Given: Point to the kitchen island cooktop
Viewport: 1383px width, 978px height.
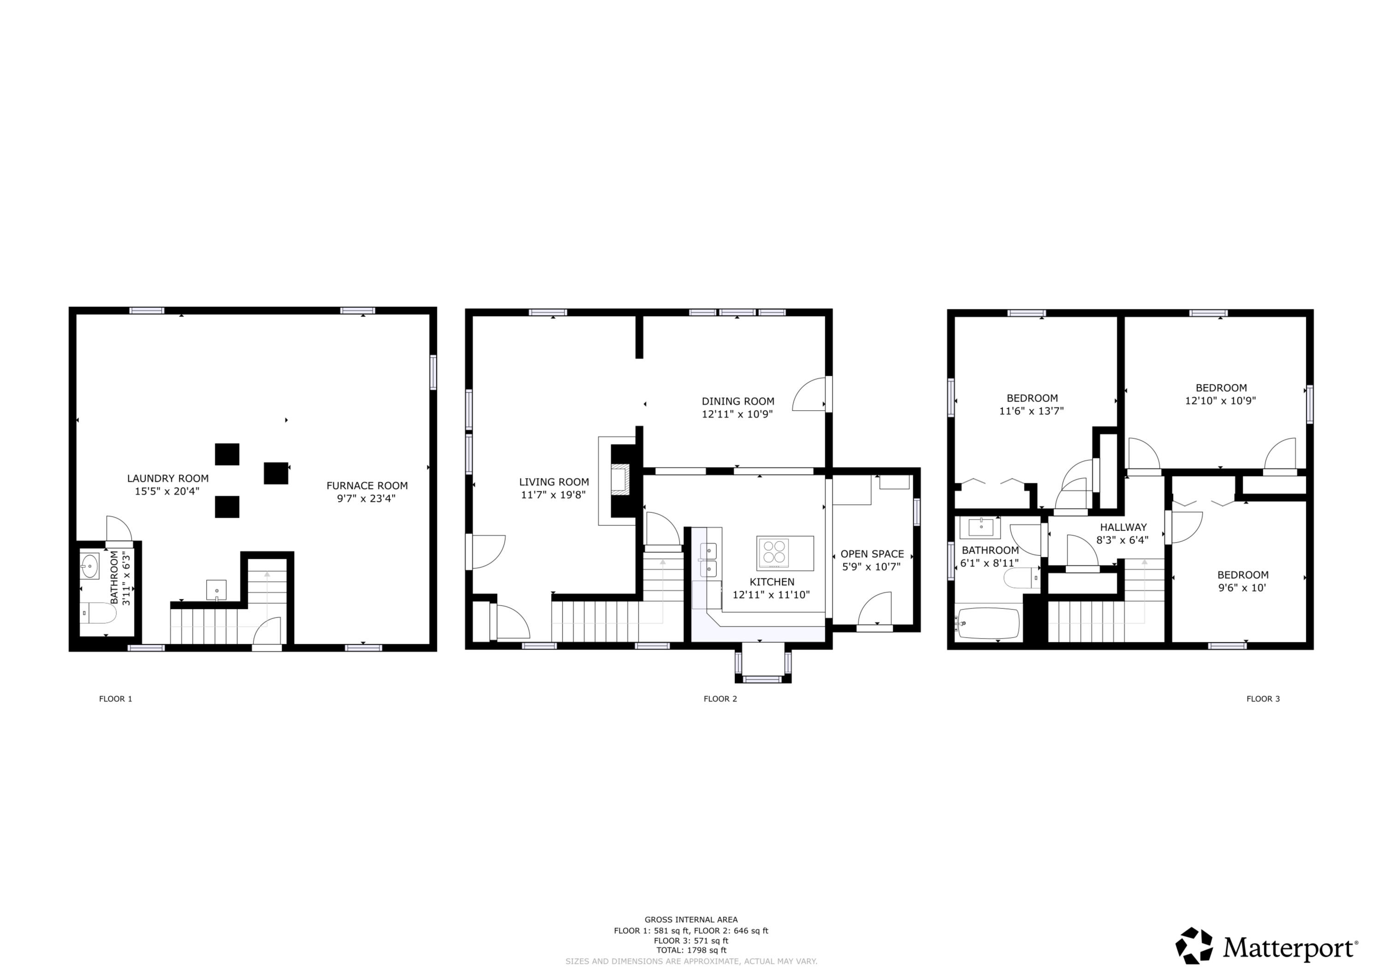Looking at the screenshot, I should coord(774,552).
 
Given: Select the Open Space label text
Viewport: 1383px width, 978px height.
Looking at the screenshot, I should coord(872,554).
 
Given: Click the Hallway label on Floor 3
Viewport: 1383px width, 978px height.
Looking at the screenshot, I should coord(1123,527).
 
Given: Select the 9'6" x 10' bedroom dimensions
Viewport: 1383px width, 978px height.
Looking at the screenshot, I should coord(1242,588).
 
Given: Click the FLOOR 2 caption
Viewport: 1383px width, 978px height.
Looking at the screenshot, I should coord(720,699).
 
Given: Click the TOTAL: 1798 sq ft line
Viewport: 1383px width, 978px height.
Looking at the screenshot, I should coord(691,950).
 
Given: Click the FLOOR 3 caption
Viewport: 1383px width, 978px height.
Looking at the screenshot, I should coord(1263,699).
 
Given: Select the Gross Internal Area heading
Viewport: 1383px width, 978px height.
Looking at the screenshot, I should coord(691,919).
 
